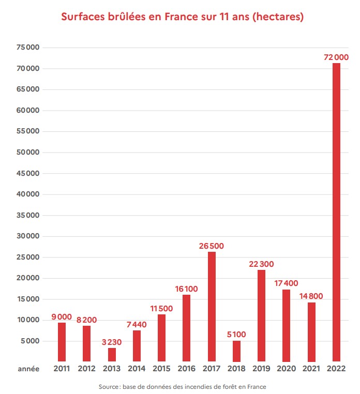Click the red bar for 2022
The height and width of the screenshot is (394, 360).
336,212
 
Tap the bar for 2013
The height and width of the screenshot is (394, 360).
112,355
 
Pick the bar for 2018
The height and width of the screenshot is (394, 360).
236,351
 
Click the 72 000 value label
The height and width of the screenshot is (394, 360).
336,57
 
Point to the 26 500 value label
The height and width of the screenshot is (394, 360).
212,246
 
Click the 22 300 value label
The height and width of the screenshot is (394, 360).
261,264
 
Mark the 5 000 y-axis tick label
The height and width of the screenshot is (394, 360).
32,341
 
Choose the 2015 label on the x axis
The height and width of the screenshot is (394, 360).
161,369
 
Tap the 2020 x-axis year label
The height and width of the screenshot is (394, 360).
286,369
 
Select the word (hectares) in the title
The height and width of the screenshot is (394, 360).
278,17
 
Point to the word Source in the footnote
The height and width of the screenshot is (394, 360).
109,387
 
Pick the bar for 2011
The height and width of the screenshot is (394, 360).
62,342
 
